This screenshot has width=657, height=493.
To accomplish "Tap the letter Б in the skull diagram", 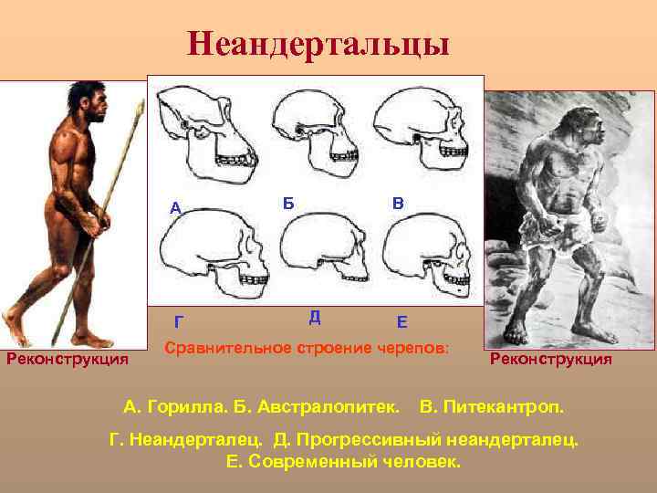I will (x=287, y=203).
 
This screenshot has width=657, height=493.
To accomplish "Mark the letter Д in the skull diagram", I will (x=314, y=317).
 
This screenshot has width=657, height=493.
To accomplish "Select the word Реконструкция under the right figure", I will (x=551, y=359).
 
